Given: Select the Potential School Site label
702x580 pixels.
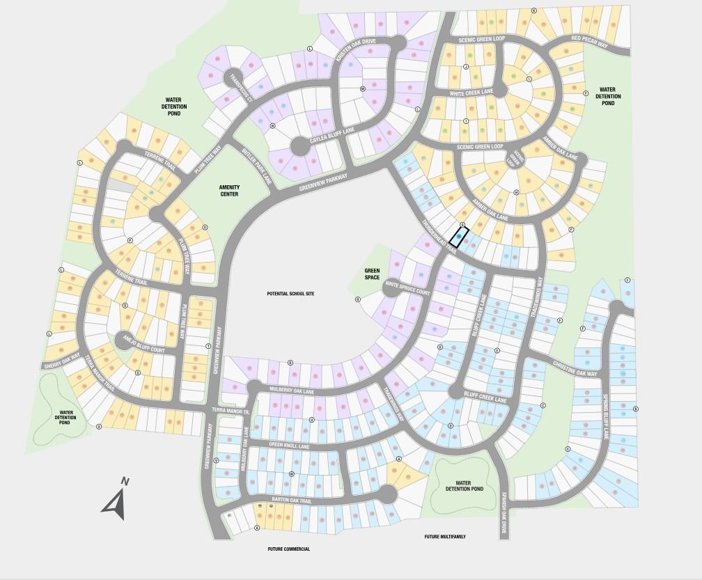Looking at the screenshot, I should [290, 294].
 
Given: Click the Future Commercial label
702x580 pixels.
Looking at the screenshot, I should [288, 549].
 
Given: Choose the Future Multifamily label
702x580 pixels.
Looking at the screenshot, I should [445, 537].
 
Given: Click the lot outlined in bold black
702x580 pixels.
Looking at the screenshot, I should [459, 237].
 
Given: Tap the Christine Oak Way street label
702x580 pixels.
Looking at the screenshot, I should [575, 369].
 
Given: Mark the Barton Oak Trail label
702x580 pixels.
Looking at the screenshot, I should [291, 500].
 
